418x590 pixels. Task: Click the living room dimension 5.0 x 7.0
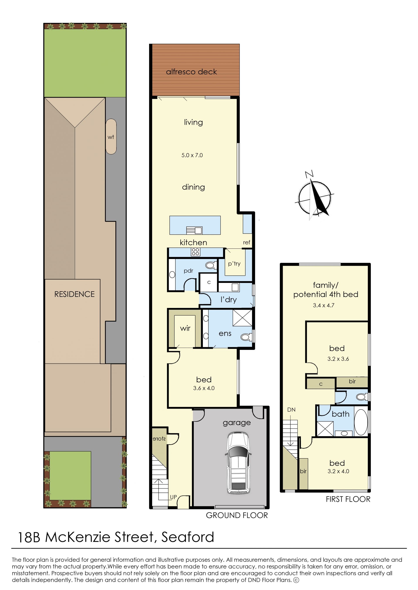tap(192, 155)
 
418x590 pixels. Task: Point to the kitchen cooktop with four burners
tap(195, 252)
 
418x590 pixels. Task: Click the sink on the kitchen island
tap(195, 230)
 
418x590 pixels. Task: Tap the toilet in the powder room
tap(211, 265)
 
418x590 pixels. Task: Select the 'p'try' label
tap(234, 264)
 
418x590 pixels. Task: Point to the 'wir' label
tap(185, 328)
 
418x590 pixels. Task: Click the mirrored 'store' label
tap(159, 439)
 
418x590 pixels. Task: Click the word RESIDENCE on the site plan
tap(74, 294)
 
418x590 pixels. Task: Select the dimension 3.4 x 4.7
tap(324, 305)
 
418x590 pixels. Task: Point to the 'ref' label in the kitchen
tap(247, 242)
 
